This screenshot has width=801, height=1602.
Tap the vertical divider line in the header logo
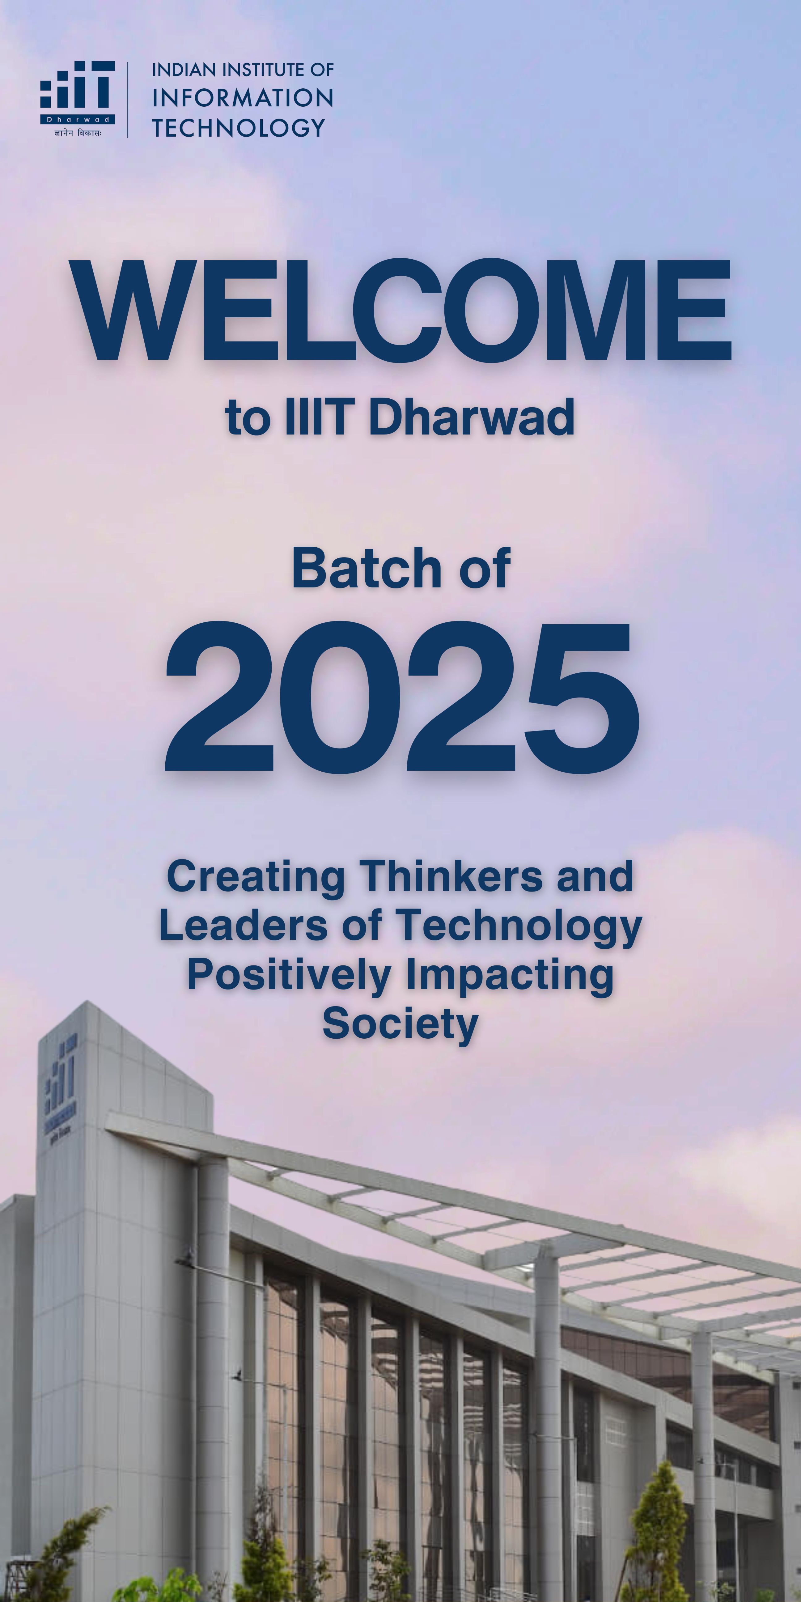pos(128,100)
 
